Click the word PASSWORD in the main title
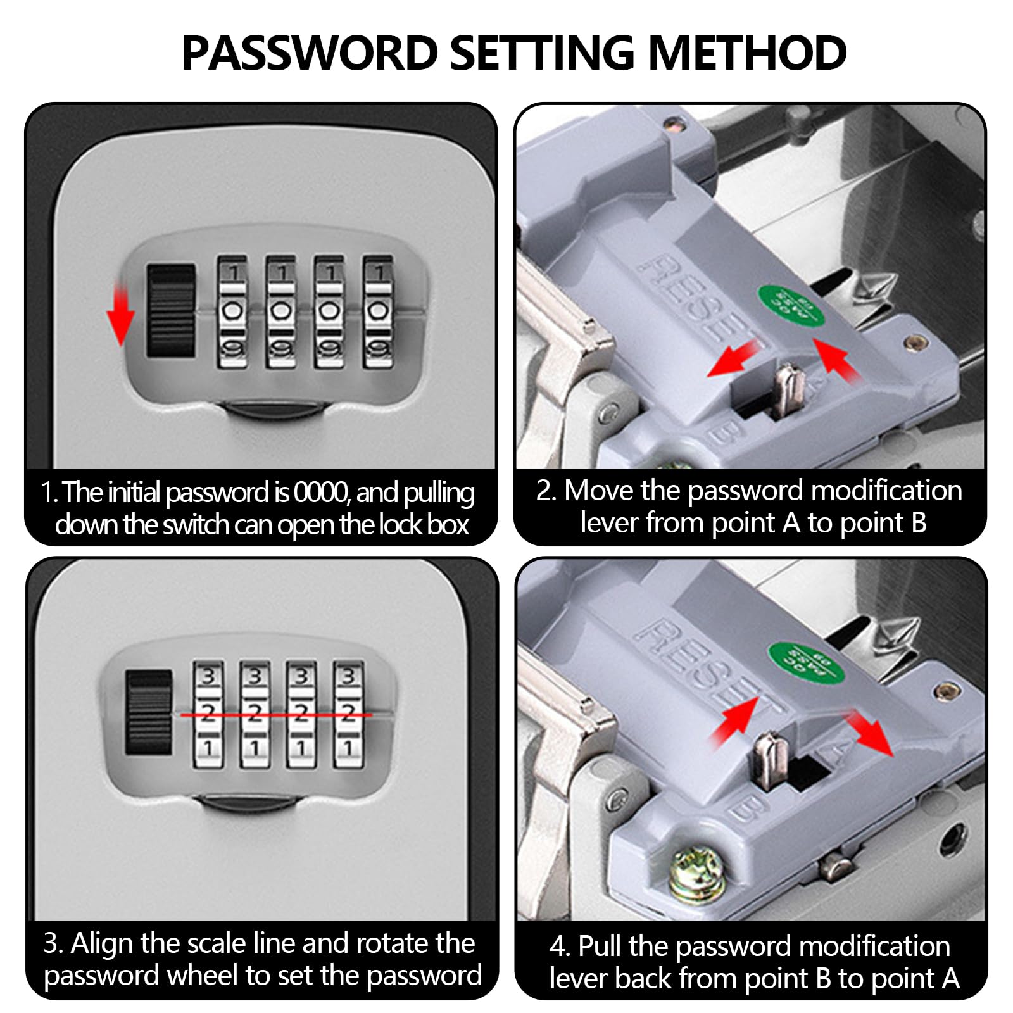tap(310, 53)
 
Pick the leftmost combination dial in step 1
tap(232, 311)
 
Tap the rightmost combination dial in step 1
tap(378, 311)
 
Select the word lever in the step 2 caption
tap(609, 524)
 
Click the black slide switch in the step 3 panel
tap(149, 712)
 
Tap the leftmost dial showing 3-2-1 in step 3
tap(208, 714)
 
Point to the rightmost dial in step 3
tap(348, 714)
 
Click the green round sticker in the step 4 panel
tap(806, 663)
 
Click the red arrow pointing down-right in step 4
tap(871, 733)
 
